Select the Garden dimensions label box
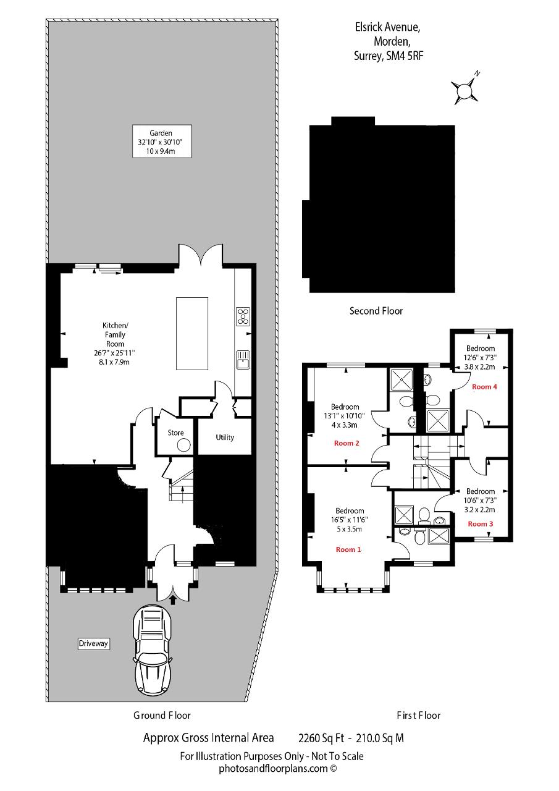click(162, 141)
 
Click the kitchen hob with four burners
click(243, 316)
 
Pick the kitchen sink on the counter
click(243, 359)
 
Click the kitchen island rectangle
click(192, 333)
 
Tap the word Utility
click(225, 438)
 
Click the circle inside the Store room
click(184, 445)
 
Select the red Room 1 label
click(348, 549)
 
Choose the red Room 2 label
click(346, 443)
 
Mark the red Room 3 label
click(481, 523)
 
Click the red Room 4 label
click(484, 387)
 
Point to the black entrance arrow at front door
click(173, 600)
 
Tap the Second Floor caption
click(376, 311)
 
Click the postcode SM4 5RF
click(405, 56)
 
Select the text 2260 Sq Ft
click(321, 738)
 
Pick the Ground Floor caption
click(162, 716)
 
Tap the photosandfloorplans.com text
click(278, 769)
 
